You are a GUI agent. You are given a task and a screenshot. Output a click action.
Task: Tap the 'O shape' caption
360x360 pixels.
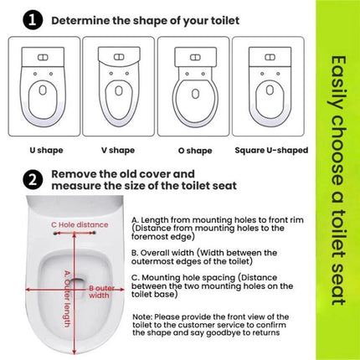[193, 150]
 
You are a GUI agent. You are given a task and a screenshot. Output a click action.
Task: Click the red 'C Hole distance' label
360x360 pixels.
[78, 224]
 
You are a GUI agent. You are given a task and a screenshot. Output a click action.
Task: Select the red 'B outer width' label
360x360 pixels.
[100, 291]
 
